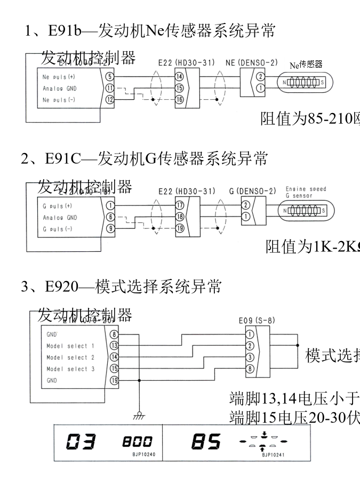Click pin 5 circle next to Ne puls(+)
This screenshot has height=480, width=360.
tap(110, 77)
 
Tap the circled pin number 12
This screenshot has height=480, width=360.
tap(110, 99)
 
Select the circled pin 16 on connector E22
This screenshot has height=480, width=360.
tap(179, 99)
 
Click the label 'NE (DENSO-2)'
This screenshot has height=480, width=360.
tap(252, 63)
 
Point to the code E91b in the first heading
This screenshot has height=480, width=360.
tap(64, 31)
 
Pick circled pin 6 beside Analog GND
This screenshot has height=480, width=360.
tap(110, 217)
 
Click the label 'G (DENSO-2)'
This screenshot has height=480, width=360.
tap(253, 191)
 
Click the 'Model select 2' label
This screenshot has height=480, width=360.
tap(70, 357)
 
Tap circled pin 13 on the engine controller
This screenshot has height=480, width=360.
tap(114, 346)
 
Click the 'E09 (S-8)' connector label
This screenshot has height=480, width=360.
tap(257, 321)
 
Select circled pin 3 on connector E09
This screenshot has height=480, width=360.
tap(249, 357)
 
